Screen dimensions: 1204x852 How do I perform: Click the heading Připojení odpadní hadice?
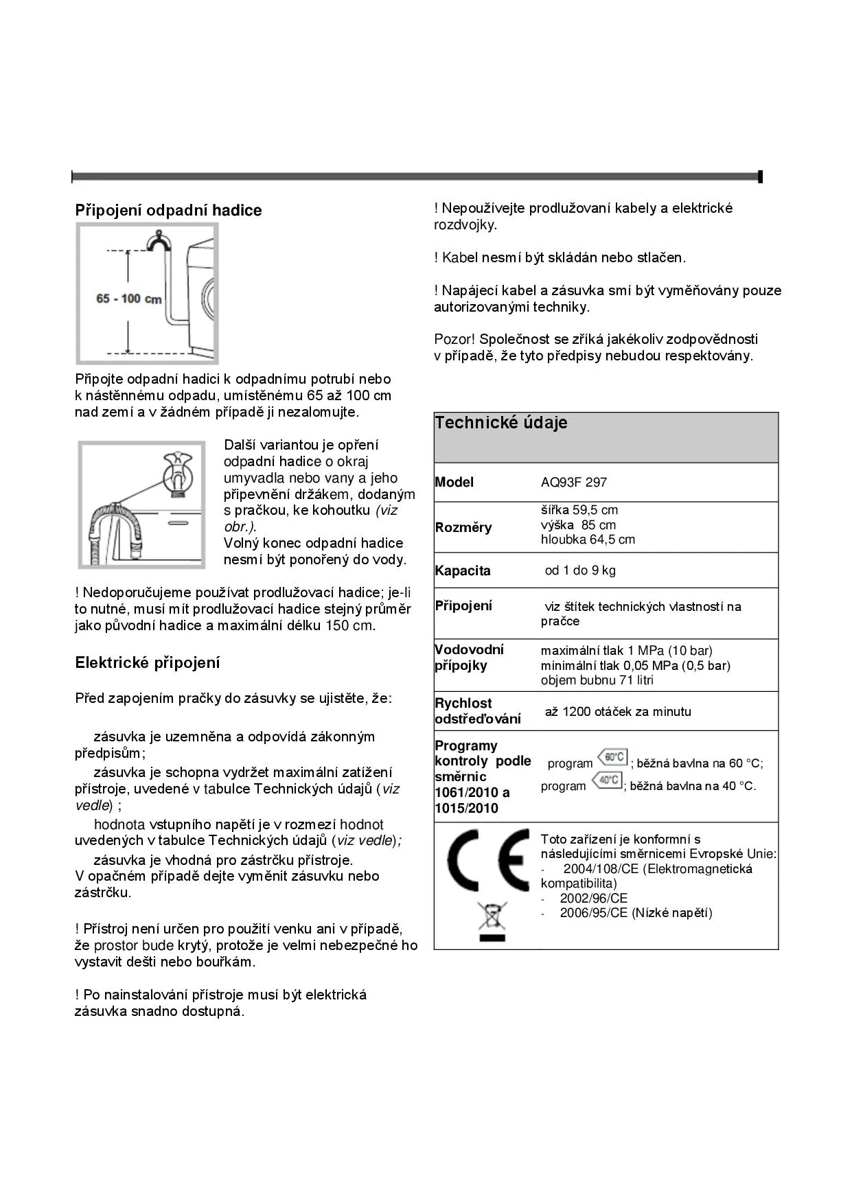(x=168, y=210)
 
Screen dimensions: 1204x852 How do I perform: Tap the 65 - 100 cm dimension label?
(x=129, y=299)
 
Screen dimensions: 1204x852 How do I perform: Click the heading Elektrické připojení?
(x=148, y=662)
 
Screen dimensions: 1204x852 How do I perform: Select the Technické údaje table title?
(x=501, y=423)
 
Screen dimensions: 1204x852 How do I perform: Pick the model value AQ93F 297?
(x=574, y=483)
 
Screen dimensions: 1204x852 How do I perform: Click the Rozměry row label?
(x=463, y=527)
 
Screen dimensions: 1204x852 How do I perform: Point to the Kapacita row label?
(x=463, y=570)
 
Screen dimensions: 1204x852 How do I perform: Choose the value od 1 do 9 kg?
(x=580, y=570)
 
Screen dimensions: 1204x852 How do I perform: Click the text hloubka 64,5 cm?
(x=588, y=540)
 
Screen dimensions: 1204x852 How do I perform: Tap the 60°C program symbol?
(x=612, y=758)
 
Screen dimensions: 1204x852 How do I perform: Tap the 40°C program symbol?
(x=608, y=780)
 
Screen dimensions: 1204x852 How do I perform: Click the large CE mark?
(x=488, y=860)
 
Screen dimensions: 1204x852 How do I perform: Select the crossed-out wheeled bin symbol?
(x=492, y=921)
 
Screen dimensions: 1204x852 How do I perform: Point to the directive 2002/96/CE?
(x=593, y=899)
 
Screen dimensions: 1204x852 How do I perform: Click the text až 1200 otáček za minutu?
(x=618, y=712)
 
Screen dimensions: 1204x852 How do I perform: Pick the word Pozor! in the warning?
(x=454, y=339)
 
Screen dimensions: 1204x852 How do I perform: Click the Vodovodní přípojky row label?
(x=470, y=658)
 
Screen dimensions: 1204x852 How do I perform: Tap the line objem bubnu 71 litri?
(x=597, y=680)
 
